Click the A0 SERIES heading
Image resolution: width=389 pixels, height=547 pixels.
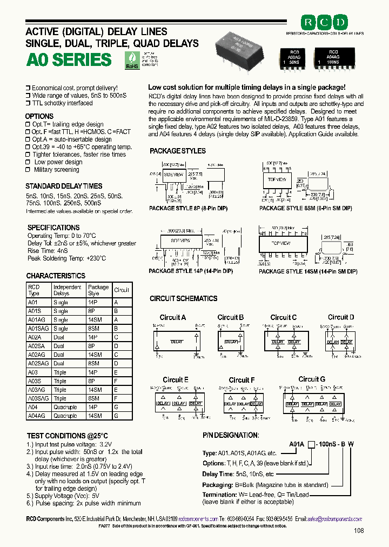tap(69, 59)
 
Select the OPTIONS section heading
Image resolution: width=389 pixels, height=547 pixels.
tap(39, 116)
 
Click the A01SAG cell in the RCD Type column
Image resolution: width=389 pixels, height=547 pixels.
tap(38, 328)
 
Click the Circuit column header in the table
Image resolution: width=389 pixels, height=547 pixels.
tap(122, 290)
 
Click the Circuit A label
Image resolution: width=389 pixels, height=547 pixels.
tap(172, 317)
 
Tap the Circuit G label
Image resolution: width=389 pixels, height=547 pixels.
tap(312, 379)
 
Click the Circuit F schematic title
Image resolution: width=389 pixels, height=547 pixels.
tap(242, 380)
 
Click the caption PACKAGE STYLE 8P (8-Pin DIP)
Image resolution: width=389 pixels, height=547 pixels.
tap(188, 208)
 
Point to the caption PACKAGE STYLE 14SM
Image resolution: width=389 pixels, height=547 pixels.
tap(308, 271)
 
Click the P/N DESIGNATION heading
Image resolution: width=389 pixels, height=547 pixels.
tap(231, 435)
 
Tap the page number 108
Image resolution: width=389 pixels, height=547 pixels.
tap(358, 531)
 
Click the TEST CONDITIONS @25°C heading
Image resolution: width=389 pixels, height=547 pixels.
tap(68, 436)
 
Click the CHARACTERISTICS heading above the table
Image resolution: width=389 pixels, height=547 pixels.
tap(56, 276)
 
